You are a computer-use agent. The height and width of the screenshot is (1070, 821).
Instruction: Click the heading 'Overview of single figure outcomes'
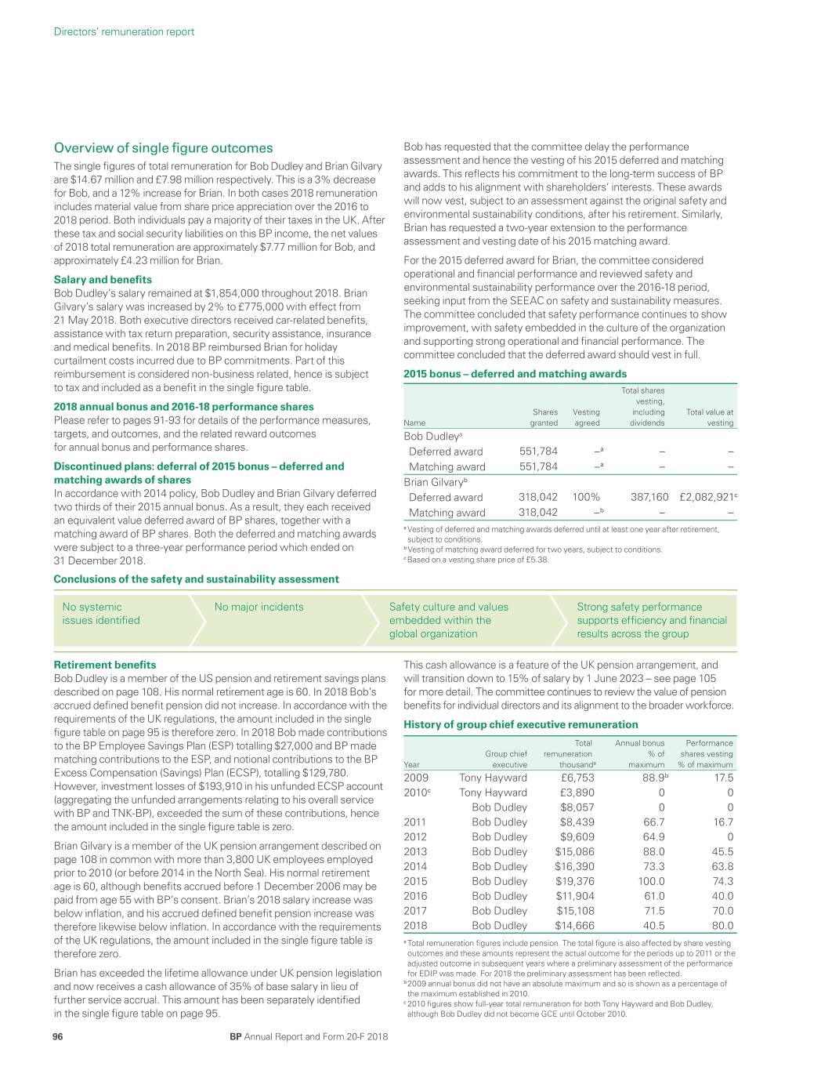coord(163,147)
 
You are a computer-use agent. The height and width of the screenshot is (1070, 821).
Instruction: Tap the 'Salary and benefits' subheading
coord(103,279)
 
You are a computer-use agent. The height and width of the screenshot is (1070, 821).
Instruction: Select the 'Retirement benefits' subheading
coord(104,665)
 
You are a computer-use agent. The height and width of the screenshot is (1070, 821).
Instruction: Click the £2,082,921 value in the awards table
coord(707,497)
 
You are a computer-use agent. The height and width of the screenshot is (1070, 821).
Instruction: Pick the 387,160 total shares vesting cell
coord(649,497)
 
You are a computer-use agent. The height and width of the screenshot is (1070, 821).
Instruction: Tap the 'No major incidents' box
coord(259,607)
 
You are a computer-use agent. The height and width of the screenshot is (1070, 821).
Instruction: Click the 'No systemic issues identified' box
coord(101,614)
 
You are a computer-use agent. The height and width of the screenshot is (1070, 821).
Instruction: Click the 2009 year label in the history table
coord(416,778)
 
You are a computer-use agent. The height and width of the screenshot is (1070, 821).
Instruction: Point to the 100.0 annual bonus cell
coord(651,881)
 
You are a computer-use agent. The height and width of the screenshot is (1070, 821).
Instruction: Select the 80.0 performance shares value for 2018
coord(721,925)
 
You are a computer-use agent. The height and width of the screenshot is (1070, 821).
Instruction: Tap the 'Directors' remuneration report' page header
coord(124,32)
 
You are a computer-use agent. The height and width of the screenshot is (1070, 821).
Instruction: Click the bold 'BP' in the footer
coord(235,1036)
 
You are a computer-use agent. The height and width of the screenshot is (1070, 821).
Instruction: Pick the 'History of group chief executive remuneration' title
coord(520,724)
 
